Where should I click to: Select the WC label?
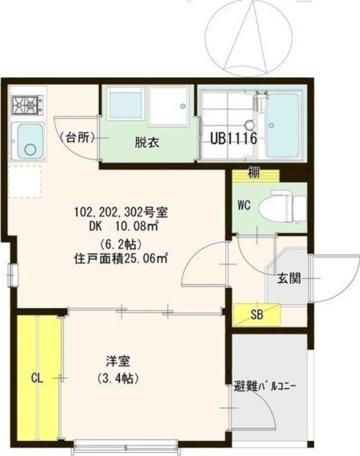point(245,206)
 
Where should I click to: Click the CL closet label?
point(37,377)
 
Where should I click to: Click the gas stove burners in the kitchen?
point(27,104)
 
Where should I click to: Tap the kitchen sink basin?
point(28,141)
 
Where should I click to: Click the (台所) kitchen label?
point(77,137)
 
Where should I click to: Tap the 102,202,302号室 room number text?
point(120,213)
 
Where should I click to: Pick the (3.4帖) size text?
point(119,377)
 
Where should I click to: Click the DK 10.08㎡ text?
point(120,226)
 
